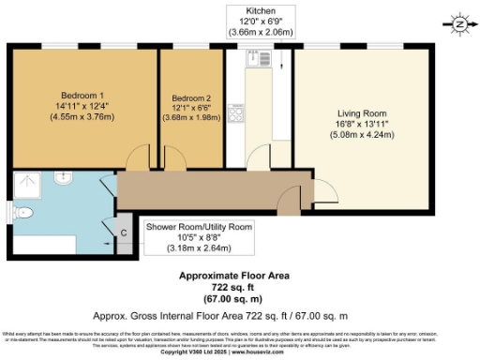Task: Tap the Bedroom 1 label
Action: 82,96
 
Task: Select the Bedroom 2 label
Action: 190,97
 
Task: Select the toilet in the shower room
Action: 22,215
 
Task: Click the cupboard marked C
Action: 123,231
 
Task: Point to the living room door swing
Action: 324,192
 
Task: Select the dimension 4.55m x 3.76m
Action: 82,118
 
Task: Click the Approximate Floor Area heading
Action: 234,276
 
